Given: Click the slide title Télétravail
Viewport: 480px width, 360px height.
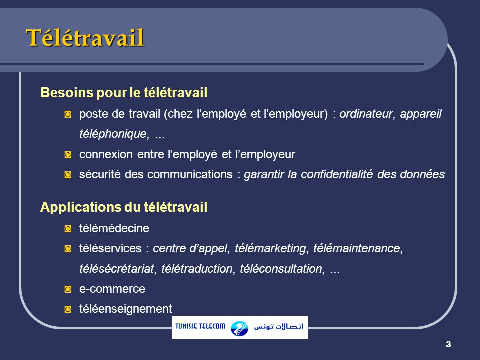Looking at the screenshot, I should (x=85, y=38).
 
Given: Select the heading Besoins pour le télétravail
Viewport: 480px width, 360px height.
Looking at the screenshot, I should (x=123, y=93).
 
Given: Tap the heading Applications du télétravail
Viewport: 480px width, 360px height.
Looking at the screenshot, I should (x=123, y=207).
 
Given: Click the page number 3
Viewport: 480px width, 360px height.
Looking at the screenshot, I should (x=447, y=344).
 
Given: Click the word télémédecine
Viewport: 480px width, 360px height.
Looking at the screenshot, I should (x=114, y=228).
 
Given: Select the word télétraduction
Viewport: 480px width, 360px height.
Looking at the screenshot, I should (x=197, y=269).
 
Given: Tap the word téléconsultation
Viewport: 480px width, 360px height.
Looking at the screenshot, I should (x=281, y=269).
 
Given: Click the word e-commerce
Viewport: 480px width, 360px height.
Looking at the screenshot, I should (x=112, y=289).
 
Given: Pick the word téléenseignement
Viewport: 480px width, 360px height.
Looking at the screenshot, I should (x=125, y=309).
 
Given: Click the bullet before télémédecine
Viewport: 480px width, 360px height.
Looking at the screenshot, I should (x=68, y=229).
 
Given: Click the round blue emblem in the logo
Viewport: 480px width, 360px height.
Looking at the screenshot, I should (x=239, y=328).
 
